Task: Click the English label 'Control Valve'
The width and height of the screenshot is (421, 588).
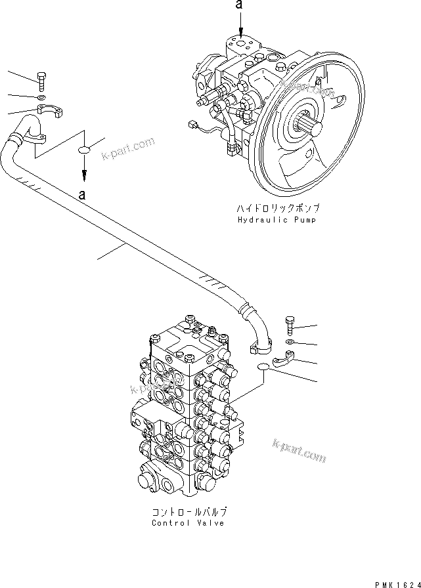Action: [x=188, y=523]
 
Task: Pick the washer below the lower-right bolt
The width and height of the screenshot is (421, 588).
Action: [x=290, y=342]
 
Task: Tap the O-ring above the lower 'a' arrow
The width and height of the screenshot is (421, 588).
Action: [x=85, y=151]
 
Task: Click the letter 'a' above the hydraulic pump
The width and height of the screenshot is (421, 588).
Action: [x=241, y=5]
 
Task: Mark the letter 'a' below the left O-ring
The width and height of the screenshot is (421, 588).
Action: [x=82, y=194]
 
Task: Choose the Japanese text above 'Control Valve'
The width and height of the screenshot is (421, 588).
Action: [x=188, y=511]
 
